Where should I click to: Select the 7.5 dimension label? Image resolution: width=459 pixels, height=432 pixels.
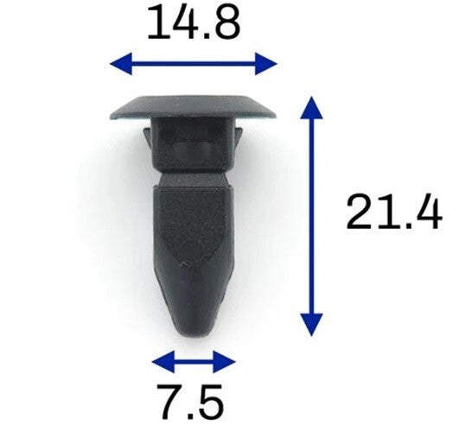click(x=189, y=403)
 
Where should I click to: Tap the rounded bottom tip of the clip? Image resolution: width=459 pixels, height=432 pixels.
click(x=193, y=327)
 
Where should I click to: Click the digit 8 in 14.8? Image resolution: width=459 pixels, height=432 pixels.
click(x=227, y=23)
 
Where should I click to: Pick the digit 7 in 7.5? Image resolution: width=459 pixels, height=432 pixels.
click(x=166, y=403)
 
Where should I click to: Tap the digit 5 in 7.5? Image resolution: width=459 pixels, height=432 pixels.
click(x=211, y=403)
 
